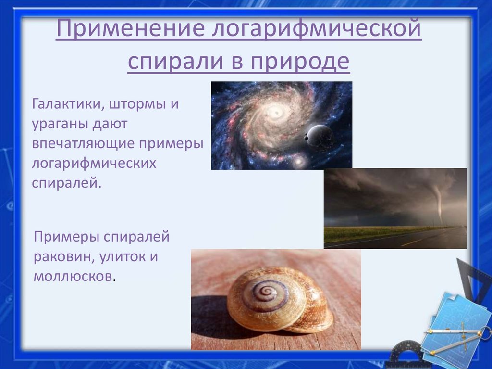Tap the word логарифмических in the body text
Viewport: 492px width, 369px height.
coord(94,164)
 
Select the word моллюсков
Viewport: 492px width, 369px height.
coord(74,277)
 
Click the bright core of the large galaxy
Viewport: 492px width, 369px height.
coord(276,114)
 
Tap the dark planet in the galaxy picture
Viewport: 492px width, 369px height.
coord(320,136)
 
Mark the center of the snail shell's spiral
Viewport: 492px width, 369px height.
coord(263,293)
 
